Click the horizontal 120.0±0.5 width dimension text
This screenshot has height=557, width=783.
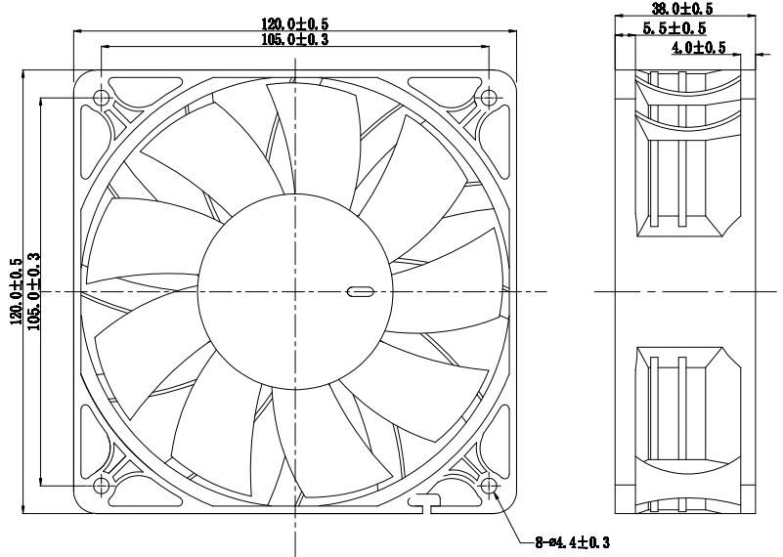(294, 22)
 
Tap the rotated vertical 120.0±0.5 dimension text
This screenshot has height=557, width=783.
(16, 291)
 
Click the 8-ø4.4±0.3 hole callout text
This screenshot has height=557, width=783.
(573, 540)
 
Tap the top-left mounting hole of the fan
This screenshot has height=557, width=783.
(102, 98)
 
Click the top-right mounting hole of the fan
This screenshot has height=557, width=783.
(489, 98)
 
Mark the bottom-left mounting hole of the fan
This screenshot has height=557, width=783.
(102, 486)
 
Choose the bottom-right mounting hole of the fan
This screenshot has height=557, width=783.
(489, 486)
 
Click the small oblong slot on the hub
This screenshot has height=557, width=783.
(359, 291)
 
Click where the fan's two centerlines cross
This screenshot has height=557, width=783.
(294, 291)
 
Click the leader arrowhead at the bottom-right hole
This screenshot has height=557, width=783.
(500, 496)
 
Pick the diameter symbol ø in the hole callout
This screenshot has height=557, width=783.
(549, 540)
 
